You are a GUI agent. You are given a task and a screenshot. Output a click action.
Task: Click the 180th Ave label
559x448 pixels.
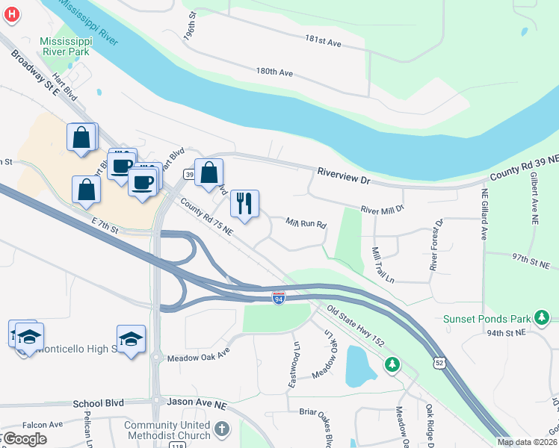[x=274, y=72]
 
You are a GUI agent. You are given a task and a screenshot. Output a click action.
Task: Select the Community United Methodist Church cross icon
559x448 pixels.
[x=221, y=429]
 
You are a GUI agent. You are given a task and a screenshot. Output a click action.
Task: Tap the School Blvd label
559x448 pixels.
[x=98, y=403]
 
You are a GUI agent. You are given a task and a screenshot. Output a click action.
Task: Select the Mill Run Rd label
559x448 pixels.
[x=307, y=223]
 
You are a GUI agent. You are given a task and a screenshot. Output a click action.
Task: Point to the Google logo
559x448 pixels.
[x=25, y=439]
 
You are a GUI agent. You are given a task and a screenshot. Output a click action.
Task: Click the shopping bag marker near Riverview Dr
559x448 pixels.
[x=209, y=172]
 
